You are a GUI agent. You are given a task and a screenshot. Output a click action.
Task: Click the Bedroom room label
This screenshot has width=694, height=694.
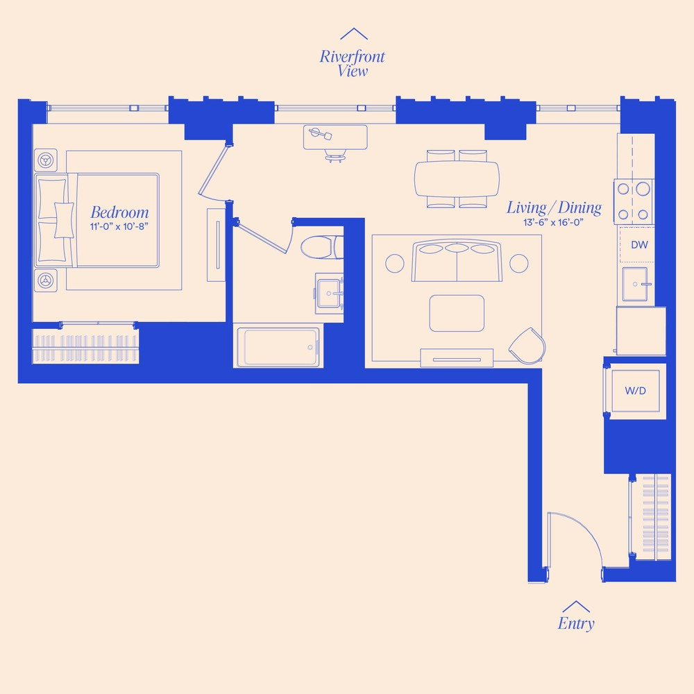coord(119,212)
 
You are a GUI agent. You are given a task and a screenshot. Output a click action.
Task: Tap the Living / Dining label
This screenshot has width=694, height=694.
coord(554,208)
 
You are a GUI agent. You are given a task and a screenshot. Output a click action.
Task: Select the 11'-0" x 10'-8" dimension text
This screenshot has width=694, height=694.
coord(119,227)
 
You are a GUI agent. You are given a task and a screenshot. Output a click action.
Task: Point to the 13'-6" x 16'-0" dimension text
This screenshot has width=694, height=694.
coord(554,223)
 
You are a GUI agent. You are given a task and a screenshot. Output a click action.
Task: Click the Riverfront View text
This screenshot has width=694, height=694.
coord(352,63)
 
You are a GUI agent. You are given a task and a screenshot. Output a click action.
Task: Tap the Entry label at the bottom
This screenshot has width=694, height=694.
coord(576,623)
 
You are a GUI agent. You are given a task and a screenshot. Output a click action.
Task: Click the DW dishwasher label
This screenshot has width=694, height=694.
coord(638,245)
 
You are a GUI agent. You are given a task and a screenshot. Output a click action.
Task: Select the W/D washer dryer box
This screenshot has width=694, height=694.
coord(635,391)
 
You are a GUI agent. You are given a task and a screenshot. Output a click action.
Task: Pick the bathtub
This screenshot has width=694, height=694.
coord(278,347)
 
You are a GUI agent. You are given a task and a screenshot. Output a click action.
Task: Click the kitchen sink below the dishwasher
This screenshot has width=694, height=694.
coord(634,284)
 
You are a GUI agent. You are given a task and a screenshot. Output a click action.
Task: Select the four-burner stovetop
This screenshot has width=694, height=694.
coord(633,201)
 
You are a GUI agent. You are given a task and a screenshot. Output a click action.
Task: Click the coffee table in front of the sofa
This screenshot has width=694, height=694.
coord(456,313)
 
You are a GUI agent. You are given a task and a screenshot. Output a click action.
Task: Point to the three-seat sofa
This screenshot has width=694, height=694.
coord(456,261)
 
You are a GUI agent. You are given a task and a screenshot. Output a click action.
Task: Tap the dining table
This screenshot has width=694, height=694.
coord(457,178)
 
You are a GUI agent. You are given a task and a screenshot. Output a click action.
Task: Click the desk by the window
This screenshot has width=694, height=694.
coord(335,136)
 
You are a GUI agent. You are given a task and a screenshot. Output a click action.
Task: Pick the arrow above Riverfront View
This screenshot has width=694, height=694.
coord(354,34)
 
